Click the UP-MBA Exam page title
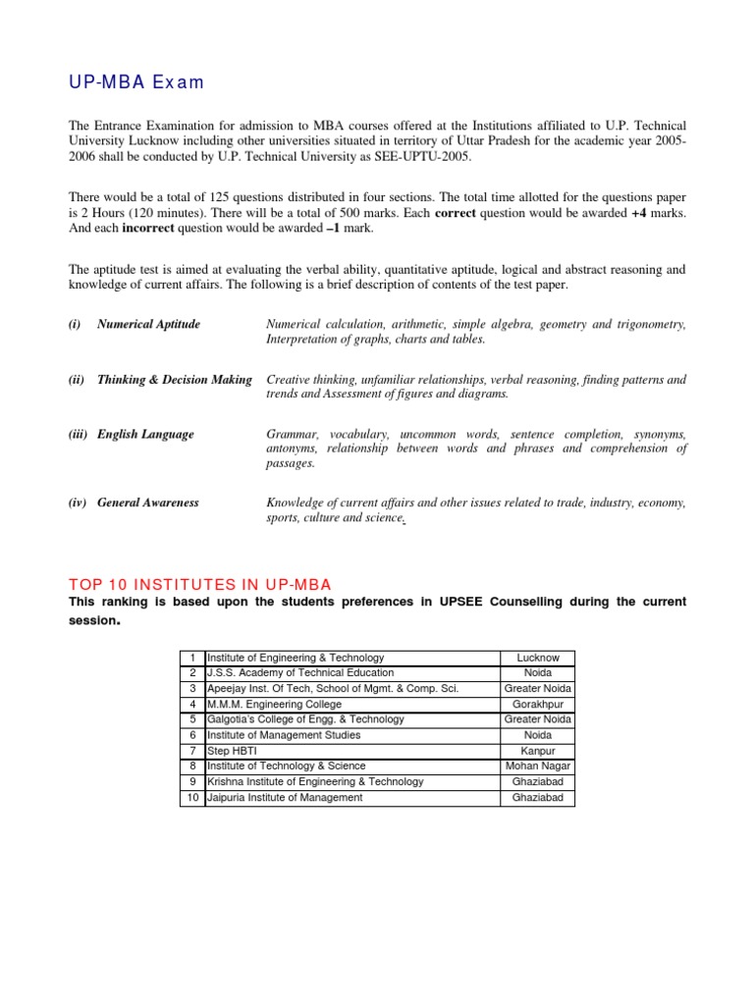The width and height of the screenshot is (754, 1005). pos(135,82)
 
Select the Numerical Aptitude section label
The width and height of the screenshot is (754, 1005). pos(148,325)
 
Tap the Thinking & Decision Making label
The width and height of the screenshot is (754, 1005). pos(174,380)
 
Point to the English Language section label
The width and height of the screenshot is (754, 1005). pos(145,435)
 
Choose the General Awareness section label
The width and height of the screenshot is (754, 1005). pos(147,502)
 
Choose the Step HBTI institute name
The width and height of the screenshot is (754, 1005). pos(233,751)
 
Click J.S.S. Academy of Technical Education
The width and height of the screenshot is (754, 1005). pos(300,673)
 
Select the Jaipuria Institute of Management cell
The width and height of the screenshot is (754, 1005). pos(285,798)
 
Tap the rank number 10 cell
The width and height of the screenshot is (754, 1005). pos(192,798)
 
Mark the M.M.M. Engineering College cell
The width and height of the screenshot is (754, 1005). pos(275,704)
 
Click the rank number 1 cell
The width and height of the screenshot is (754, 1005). pos(193,658)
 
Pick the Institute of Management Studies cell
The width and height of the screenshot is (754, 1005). pos(284,735)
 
